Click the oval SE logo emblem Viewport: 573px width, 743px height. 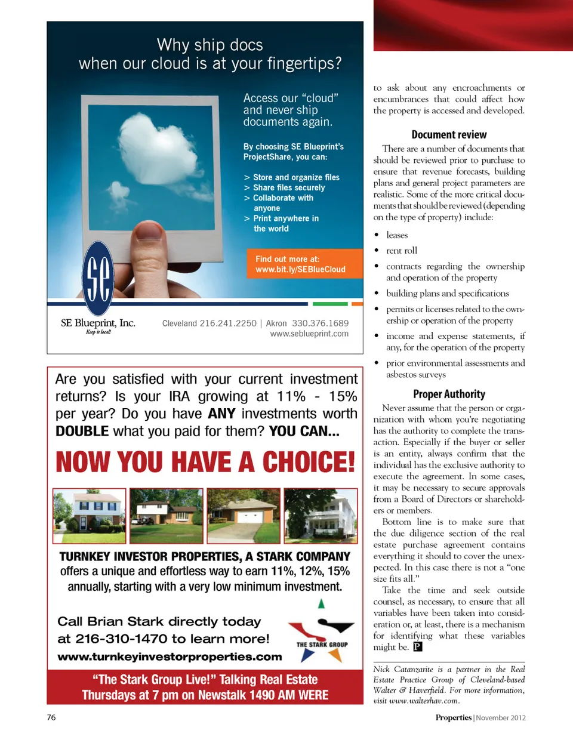coord(98,278)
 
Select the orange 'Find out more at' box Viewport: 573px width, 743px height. coord(304,264)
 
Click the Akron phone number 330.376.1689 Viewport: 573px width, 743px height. coord(320,323)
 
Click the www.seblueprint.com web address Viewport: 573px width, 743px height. coord(309,334)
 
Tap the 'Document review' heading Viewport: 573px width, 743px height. coord(449,135)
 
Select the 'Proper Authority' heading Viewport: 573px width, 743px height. coord(449,394)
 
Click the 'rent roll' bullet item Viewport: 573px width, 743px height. coord(402,251)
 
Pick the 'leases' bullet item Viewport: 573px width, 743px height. coord(397,235)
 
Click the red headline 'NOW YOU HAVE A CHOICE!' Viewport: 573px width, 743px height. coord(205,462)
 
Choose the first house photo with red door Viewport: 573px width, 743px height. coord(90,516)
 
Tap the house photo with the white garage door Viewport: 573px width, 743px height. coord(244,516)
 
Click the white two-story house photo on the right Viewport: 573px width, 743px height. coord(321,516)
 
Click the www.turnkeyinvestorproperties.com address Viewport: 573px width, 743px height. coord(170,656)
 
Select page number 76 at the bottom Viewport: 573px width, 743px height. coord(51,717)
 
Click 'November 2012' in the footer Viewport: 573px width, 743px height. coord(501,718)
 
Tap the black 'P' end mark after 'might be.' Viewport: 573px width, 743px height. coord(418,647)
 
